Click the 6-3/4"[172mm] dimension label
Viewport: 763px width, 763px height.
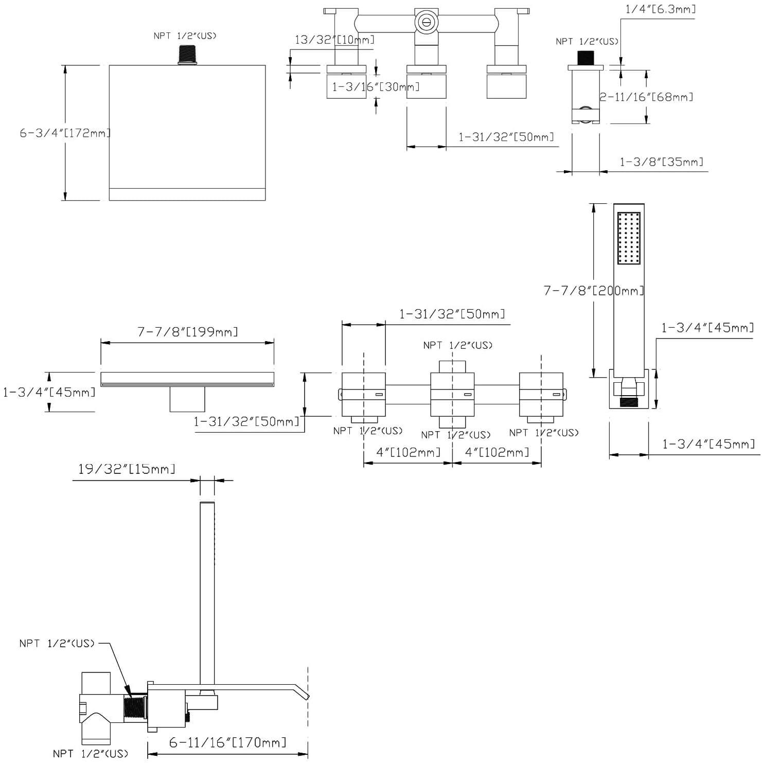coord(65,133)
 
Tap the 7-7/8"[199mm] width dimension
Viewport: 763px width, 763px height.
coord(187,332)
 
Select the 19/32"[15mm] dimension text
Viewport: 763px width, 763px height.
coord(127,469)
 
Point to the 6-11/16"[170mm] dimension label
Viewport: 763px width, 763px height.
coord(227,742)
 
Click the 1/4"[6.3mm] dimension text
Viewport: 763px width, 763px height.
coord(661,9)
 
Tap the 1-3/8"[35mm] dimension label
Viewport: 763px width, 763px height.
coord(661,162)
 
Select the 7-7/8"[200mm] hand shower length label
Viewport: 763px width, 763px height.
coord(594,291)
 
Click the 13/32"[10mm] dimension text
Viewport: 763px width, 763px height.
coord(334,40)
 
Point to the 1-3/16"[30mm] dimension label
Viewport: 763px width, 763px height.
coord(376,86)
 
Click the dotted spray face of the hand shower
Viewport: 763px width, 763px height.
coord(629,238)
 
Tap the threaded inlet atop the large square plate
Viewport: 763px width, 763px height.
coord(187,55)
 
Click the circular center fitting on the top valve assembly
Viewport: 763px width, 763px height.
coord(425,22)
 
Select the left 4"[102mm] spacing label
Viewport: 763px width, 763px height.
coord(409,452)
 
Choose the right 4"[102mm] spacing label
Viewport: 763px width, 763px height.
coord(497,452)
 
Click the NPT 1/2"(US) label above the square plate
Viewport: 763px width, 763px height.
coord(185,36)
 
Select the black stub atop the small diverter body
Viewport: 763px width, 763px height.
coord(585,58)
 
